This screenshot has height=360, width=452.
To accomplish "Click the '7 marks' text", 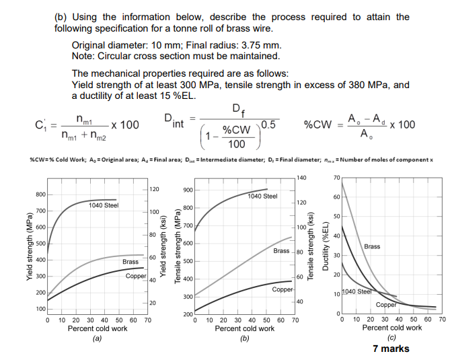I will [x=391, y=349].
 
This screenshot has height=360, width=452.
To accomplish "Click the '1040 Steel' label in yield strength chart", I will [x=104, y=205].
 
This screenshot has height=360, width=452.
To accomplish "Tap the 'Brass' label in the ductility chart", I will [x=372, y=247].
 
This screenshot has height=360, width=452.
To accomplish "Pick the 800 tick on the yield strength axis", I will [x=40, y=194].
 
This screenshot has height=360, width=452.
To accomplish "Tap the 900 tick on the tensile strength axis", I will [x=188, y=190].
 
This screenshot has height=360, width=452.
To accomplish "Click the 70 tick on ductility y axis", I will [x=336, y=177].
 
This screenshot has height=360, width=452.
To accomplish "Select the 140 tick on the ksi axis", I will [x=301, y=177].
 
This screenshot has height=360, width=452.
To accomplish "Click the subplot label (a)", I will [x=98, y=338].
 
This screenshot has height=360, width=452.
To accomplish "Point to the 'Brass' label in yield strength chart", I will [x=130, y=262].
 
